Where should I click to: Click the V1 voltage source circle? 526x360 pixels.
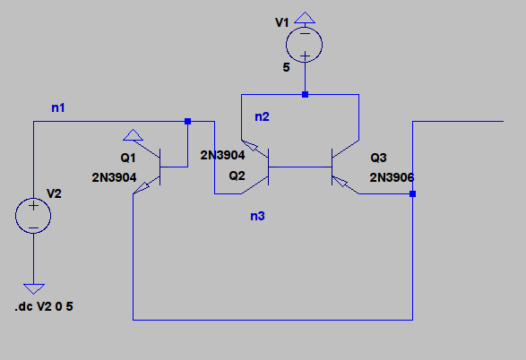click(x=305, y=45)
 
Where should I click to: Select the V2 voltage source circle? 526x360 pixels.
click(x=33, y=216)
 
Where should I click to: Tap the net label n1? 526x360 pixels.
click(x=58, y=107)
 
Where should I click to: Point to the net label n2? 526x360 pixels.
click(x=262, y=116)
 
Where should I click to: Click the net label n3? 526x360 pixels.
click(x=258, y=216)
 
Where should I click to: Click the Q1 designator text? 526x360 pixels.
click(x=128, y=158)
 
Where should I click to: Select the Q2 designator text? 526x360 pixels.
click(x=237, y=176)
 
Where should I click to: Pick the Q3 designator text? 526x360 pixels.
click(x=378, y=158)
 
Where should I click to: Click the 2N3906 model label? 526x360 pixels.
click(x=392, y=177)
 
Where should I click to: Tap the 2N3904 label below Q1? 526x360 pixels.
click(x=114, y=177)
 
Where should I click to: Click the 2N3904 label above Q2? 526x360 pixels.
click(x=223, y=155)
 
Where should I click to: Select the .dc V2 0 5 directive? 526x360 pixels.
click(x=44, y=306)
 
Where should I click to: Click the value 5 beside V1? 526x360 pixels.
click(x=286, y=67)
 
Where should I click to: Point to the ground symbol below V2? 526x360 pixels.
click(x=34, y=288)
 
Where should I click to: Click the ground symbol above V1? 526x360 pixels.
click(x=305, y=18)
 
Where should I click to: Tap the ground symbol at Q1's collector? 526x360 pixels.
click(x=134, y=135)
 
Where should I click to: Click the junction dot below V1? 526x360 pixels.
click(x=305, y=95)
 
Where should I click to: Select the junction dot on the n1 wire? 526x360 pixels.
click(x=188, y=121)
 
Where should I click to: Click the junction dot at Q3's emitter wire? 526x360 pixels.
click(x=412, y=193)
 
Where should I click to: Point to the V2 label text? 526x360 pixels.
click(x=54, y=193)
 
